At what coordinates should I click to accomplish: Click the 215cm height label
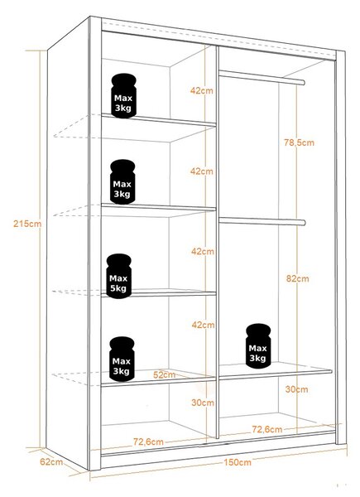pos(27,224)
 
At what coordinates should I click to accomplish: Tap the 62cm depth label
pos(51,462)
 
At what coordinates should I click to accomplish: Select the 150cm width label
pos(238,462)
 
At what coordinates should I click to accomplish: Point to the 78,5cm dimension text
pos(299,142)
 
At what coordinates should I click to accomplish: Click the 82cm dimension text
pos(297,278)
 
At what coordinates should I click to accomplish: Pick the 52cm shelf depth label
pos(164,375)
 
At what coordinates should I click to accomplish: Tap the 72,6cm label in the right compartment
pos(267,429)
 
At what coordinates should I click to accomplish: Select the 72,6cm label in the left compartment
pos(148,442)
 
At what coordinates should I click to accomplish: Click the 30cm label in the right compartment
pos(296,389)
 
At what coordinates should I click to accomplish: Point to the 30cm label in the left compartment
pos(203,403)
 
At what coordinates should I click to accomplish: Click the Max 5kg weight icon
pos(118,276)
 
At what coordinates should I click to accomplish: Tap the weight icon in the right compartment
pos(258,346)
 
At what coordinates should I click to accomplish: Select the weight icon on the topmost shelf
pos(123,96)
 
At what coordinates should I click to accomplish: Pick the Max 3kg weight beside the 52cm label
pos(122,359)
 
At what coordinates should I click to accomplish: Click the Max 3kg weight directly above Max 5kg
pos(122,181)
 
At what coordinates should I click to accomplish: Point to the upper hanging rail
pos(262,78)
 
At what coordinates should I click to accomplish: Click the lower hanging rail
pos(262,221)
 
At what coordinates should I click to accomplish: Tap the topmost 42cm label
pos(202,90)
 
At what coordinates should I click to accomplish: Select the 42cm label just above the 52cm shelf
pos(203,325)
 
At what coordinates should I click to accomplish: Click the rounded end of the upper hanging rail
pos(303,83)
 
